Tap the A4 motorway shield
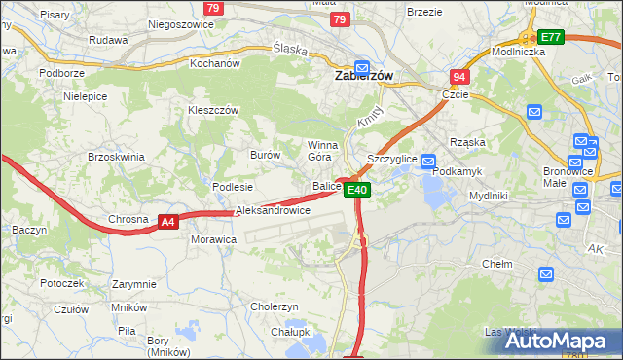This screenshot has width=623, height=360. [168, 222]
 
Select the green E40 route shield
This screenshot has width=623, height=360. [357, 190]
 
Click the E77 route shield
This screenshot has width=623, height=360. [552, 37]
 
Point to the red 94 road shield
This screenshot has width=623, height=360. [459, 76]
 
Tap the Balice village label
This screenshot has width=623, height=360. [326, 186]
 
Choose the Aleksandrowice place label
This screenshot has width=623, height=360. [274, 210]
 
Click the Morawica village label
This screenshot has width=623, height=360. [214, 238]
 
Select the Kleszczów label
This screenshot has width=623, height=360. [213, 111]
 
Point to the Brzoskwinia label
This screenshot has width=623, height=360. [116, 157]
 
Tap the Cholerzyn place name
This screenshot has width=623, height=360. [274, 306]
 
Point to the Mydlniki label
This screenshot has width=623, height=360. [488, 195]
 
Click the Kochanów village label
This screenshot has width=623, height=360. [215, 63]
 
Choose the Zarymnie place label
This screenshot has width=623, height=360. [133, 284]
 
